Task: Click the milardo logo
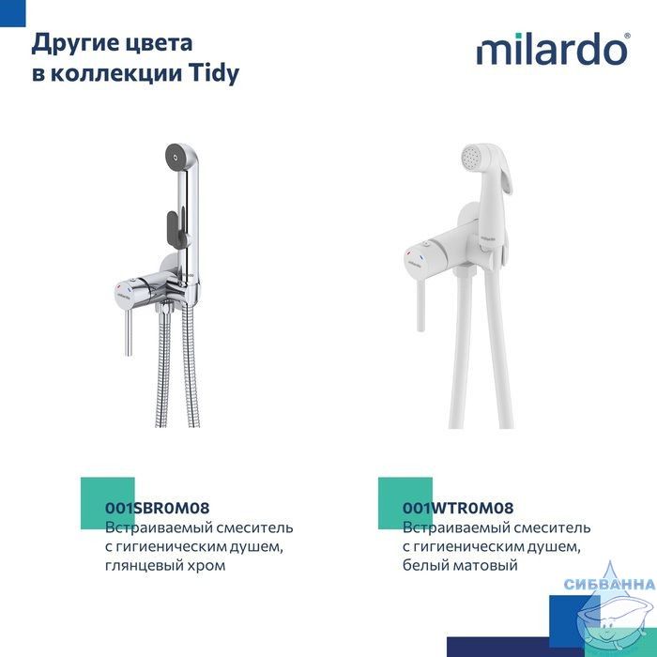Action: click(x=553, y=49)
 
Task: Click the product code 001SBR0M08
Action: click(x=157, y=508)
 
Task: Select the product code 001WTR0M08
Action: click(x=458, y=508)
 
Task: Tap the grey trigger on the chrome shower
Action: click(x=173, y=232)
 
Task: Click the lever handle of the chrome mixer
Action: click(x=130, y=332)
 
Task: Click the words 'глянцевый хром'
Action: click(x=165, y=565)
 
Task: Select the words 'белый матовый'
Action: click(x=460, y=565)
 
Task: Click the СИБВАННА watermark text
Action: click(x=610, y=584)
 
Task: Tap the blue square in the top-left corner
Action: click(x=12, y=12)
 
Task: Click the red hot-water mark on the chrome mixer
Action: click(x=120, y=287)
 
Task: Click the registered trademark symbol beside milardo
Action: click(x=627, y=36)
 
